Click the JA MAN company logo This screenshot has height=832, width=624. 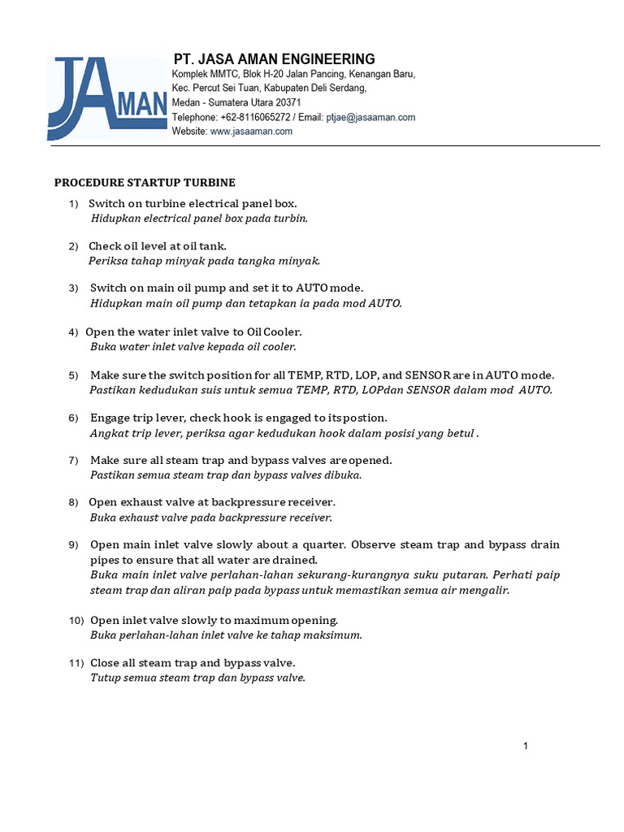click(x=107, y=96)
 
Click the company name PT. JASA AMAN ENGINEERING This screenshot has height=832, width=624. click(x=274, y=59)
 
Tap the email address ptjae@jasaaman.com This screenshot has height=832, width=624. click(x=370, y=117)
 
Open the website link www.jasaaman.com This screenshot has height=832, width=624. click(x=251, y=131)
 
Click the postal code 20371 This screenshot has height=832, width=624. click(x=288, y=103)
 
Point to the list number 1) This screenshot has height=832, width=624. click(x=74, y=203)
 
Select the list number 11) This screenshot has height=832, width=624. click(x=76, y=664)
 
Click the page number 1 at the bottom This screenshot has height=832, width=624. click(x=526, y=747)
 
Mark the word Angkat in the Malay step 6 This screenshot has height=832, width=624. click(x=107, y=433)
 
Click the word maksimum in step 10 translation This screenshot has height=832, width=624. click(x=336, y=635)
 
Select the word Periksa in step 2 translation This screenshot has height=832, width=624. click(x=107, y=261)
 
